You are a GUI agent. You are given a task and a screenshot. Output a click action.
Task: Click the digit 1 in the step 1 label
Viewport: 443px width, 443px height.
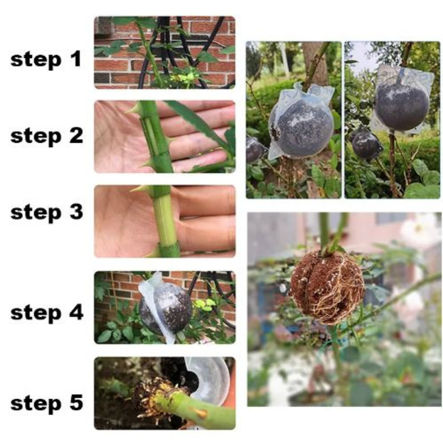[76, 59]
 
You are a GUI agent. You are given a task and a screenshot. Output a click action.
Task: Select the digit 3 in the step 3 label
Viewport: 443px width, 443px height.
[76, 212]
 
